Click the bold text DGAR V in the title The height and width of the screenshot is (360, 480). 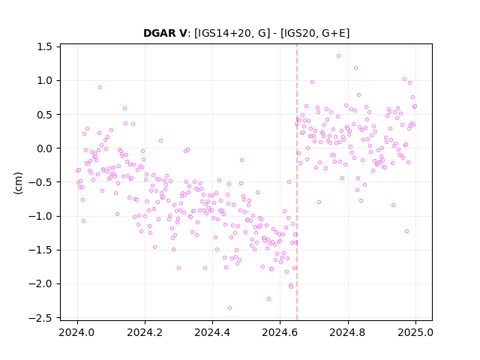click(165, 33)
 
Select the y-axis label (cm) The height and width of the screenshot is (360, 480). click(18, 183)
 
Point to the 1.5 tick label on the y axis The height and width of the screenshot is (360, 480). click(44, 46)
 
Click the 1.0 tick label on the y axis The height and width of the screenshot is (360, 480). click(44, 81)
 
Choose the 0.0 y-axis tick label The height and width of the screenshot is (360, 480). click(44, 148)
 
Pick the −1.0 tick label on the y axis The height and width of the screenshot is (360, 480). click(40, 216)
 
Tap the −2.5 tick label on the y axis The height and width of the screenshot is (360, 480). click(40, 318)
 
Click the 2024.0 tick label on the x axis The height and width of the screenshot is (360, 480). click(77, 332)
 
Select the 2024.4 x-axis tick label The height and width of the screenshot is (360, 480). click(212, 332)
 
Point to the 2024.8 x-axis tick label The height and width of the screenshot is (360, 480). click(348, 332)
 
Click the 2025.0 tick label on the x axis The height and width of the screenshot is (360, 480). click(415, 332)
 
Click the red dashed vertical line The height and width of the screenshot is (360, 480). click(297, 182)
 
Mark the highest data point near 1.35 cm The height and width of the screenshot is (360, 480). click(338, 55)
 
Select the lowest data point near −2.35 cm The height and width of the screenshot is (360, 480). click(229, 307)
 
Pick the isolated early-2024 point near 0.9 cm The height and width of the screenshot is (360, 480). click(100, 87)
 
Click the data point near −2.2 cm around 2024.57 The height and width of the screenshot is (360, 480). click(268, 298)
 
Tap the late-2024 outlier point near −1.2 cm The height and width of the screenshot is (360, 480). click(406, 231)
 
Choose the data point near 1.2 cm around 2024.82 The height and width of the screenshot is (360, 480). click(355, 67)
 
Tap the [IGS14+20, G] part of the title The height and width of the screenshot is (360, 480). click(232, 33)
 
